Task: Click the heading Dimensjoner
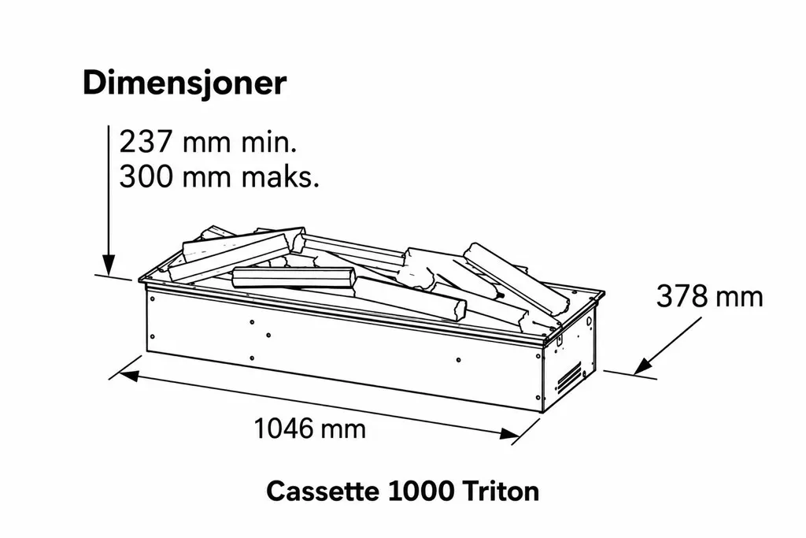coord(184,83)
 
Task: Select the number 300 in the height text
coord(146,176)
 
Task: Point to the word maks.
coord(280,176)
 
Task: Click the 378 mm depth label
coord(709,297)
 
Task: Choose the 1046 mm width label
coord(310,429)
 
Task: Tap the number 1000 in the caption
coord(421,492)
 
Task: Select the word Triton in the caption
coord(501,492)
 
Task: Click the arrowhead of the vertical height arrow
coord(109,265)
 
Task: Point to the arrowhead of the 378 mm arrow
coord(643,367)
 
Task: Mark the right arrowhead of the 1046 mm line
coord(510,433)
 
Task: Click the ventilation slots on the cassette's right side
coord(570,377)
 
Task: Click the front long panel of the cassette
coord(345,349)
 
